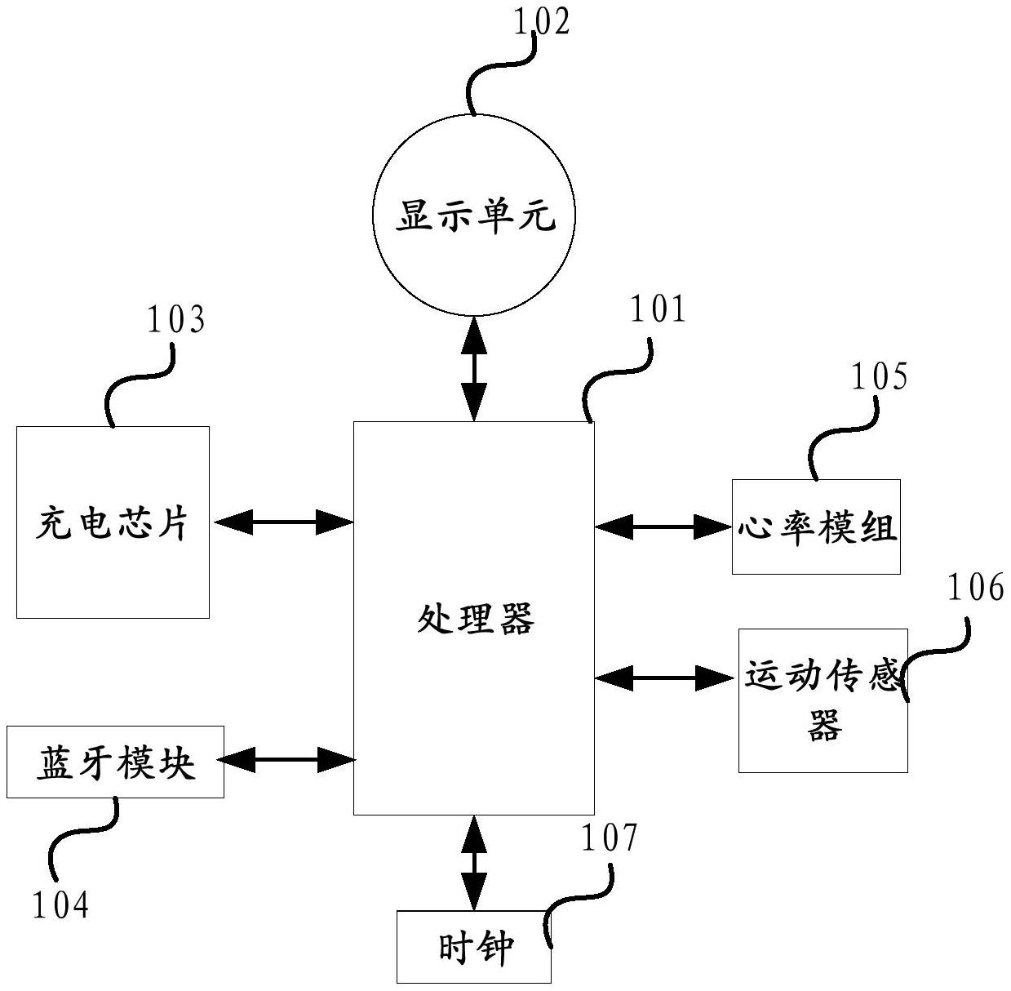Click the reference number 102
pyautogui.click(x=541, y=22)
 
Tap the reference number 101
pyautogui.click(x=658, y=310)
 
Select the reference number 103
pyautogui.click(x=175, y=320)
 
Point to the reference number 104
pyautogui.click(x=60, y=904)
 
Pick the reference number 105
pyautogui.click(x=880, y=376)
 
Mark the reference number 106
pyautogui.click(x=975, y=588)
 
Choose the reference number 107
pyautogui.click(x=609, y=838)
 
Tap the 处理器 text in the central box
pyautogui.click(x=475, y=620)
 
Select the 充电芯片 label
pyautogui.click(x=113, y=523)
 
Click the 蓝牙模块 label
pyautogui.click(x=115, y=763)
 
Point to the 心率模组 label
pyautogui.click(x=817, y=527)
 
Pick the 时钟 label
pyautogui.click(x=475, y=948)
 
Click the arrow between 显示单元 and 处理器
pyautogui.click(x=474, y=369)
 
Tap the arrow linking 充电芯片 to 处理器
pyautogui.click(x=282, y=522)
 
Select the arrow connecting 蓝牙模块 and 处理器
pyautogui.click(x=287, y=760)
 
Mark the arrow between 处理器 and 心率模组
pyautogui.click(x=663, y=527)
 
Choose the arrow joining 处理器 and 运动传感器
pyautogui.click(x=665, y=677)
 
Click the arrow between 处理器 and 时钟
pyautogui.click(x=474, y=862)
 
